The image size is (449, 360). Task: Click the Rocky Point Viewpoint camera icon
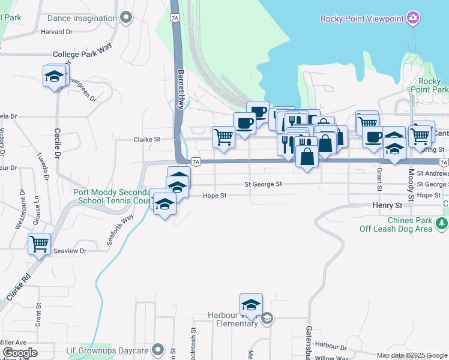point(412,18)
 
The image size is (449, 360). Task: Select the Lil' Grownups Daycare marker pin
point(158,349)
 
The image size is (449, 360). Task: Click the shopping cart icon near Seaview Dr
point(39,244)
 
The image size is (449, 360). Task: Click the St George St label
point(263,184)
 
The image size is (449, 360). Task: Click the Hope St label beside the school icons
point(214,196)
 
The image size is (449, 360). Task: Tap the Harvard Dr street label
point(56,31)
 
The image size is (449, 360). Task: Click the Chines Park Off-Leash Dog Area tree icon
point(442,224)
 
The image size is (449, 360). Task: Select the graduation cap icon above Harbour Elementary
point(251,304)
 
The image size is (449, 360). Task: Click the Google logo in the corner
point(20,353)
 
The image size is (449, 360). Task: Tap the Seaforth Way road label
point(119,229)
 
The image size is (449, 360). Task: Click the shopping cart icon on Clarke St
point(223,137)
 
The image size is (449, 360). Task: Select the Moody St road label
point(411,185)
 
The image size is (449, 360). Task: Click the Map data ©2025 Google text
point(412,355)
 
